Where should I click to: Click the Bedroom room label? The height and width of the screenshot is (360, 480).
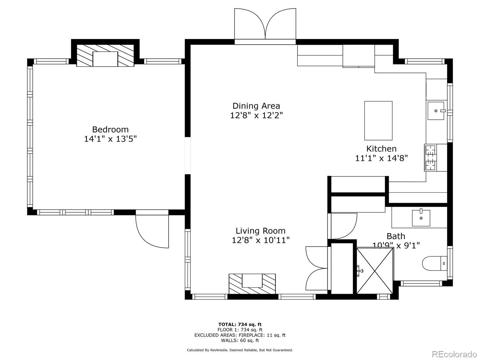[110, 130]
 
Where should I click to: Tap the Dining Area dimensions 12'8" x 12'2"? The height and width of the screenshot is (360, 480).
[256, 115]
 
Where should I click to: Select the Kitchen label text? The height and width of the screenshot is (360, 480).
[381, 149]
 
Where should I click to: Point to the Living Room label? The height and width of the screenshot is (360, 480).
[260, 231]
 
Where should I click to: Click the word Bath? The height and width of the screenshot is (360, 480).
[396, 236]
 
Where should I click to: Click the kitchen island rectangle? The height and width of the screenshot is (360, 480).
[378, 121]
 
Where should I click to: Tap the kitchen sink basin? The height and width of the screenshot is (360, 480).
[436, 111]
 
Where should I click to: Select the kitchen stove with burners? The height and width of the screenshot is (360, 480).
[431, 157]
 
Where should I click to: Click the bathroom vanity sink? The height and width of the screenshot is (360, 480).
[421, 218]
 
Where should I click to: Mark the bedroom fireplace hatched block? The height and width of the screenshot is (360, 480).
[105, 56]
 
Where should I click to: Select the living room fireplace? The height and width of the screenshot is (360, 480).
[252, 283]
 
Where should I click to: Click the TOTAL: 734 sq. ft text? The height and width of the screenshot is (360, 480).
[240, 324]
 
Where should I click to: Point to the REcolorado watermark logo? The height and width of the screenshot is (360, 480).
[454, 354]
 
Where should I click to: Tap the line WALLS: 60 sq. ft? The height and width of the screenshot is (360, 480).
[240, 340]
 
